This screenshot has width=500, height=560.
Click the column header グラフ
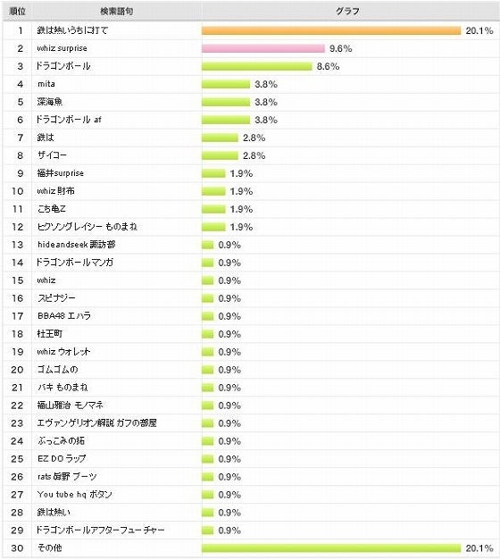pyautogui.click(x=349, y=12)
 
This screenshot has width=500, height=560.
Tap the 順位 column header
pyautogui.click(x=18, y=12)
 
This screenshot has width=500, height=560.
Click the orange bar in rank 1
pyautogui.click(x=331, y=30)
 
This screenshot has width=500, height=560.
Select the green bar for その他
pyautogui.click(x=331, y=547)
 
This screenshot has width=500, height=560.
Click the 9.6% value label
pyautogui.click(x=340, y=48)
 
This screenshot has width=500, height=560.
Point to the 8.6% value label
pyautogui.click(x=328, y=66)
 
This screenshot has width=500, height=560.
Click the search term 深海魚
pyautogui.click(x=51, y=102)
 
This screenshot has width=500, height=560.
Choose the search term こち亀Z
pyautogui.click(x=53, y=209)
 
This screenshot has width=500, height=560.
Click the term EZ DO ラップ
pyautogui.click(x=62, y=458)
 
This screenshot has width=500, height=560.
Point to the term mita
pyautogui.click(x=46, y=84)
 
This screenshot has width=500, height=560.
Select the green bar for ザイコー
pyautogui.click(x=221, y=155)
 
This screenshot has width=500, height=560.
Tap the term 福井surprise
pyautogui.click(x=61, y=173)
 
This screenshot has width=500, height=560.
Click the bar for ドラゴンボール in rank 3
pyautogui.click(x=257, y=66)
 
